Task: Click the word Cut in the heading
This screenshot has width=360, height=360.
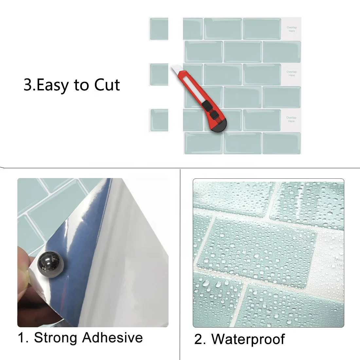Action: pyautogui.click(x=107, y=85)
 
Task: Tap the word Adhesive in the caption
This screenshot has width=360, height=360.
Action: pyautogui.click(x=113, y=337)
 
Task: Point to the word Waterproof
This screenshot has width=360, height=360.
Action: pyautogui.click(x=248, y=339)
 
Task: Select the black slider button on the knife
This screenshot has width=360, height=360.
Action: pyautogui.click(x=207, y=105)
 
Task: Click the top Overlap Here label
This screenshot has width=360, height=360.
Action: pyautogui.click(x=292, y=29)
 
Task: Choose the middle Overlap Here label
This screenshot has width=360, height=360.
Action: pyautogui.click(x=291, y=74)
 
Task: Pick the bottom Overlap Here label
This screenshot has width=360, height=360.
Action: pyautogui.click(x=291, y=119)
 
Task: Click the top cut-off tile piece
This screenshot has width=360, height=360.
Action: pyautogui.click(x=159, y=28)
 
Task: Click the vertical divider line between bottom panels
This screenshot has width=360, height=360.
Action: pyautogui.click(x=180, y=262)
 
